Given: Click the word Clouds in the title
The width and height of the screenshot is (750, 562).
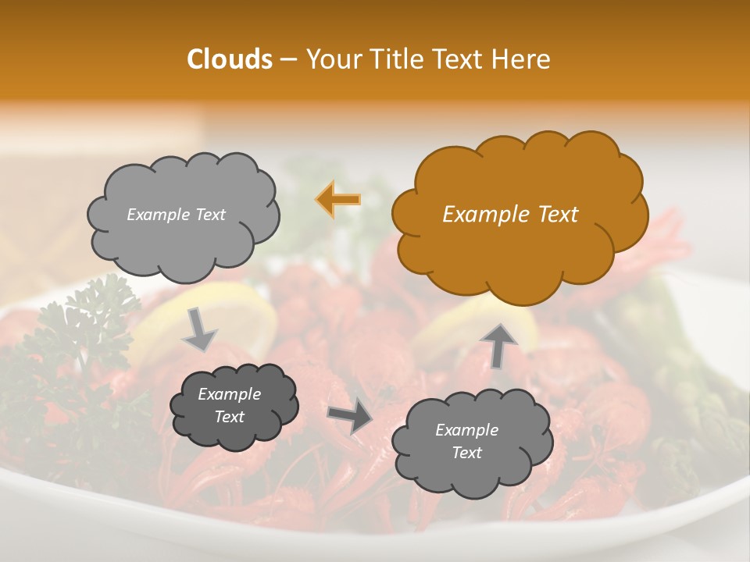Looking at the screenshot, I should point(230,59).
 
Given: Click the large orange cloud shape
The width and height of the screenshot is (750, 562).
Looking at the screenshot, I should point(520,215).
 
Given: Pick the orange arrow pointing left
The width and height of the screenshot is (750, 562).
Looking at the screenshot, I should point(337,200).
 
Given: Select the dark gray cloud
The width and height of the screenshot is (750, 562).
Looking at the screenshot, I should point(234,406).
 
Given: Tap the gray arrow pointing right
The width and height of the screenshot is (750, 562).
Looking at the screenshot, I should point(349,418).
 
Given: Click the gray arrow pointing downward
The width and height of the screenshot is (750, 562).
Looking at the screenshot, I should point(199,329).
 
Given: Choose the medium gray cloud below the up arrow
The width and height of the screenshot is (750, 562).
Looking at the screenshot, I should point(471,442).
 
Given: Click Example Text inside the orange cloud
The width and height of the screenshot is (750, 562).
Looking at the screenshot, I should point(510,215).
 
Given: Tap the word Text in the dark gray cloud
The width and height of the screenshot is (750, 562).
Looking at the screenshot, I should point(229,417).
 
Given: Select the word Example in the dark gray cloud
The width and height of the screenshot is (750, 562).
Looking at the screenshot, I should point(229,394).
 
